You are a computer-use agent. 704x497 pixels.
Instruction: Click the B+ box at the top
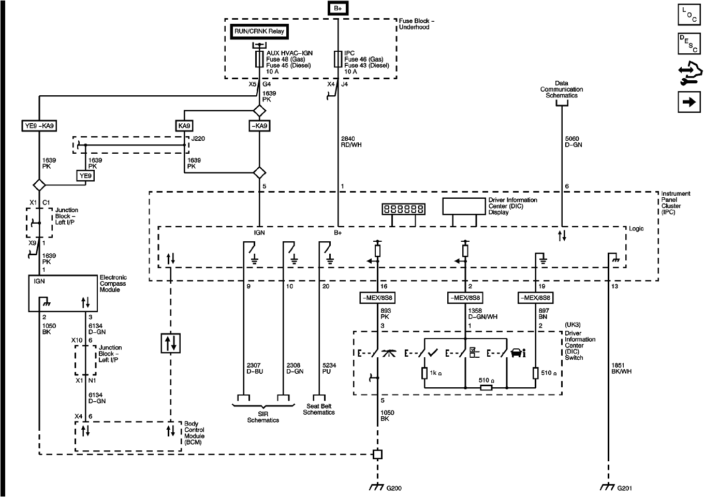click(x=338, y=8)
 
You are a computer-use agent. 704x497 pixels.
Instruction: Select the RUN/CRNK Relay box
click(x=259, y=32)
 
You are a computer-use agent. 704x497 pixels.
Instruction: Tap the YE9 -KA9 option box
click(x=39, y=126)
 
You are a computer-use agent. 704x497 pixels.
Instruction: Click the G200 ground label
click(x=393, y=488)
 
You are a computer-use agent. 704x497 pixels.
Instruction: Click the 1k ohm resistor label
click(x=434, y=373)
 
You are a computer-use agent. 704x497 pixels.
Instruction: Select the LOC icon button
click(x=688, y=14)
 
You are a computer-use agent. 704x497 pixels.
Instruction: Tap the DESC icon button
click(x=688, y=44)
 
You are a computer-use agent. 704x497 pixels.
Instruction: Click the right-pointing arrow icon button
click(x=688, y=102)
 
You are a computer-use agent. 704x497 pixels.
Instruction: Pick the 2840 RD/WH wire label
click(x=348, y=142)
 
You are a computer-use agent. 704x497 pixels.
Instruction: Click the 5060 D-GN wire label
click(x=573, y=142)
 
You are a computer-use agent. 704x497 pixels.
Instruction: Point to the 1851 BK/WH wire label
click(x=621, y=368)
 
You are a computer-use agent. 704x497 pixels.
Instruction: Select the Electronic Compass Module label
click(x=113, y=284)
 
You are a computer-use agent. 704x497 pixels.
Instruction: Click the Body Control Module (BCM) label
click(x=195, y=433)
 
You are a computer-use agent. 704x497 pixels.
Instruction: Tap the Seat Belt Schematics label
click(x=319, y=410)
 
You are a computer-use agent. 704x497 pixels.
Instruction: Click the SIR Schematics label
click(x=263, y=417)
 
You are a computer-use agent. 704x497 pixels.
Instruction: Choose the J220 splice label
click(x=198, y=139)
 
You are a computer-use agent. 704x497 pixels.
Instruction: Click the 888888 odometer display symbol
click(x=403, y=209)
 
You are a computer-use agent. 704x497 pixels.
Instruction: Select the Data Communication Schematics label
click(x=562, y=89)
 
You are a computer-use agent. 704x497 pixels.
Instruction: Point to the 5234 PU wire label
click(x=329, y=368)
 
